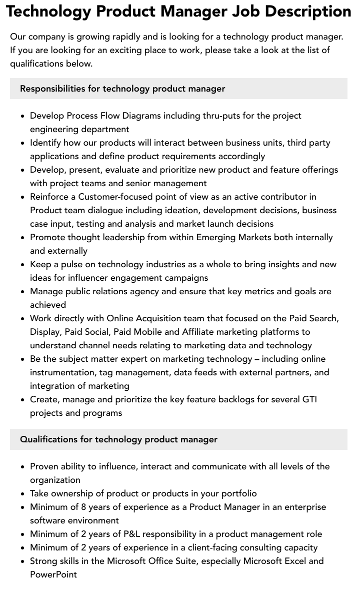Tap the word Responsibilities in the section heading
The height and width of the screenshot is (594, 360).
[52, 89]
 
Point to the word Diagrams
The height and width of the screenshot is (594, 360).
[141, 116]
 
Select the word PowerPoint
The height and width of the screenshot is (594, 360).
[53, 574]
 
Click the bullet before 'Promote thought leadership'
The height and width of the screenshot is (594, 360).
[22, 238]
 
